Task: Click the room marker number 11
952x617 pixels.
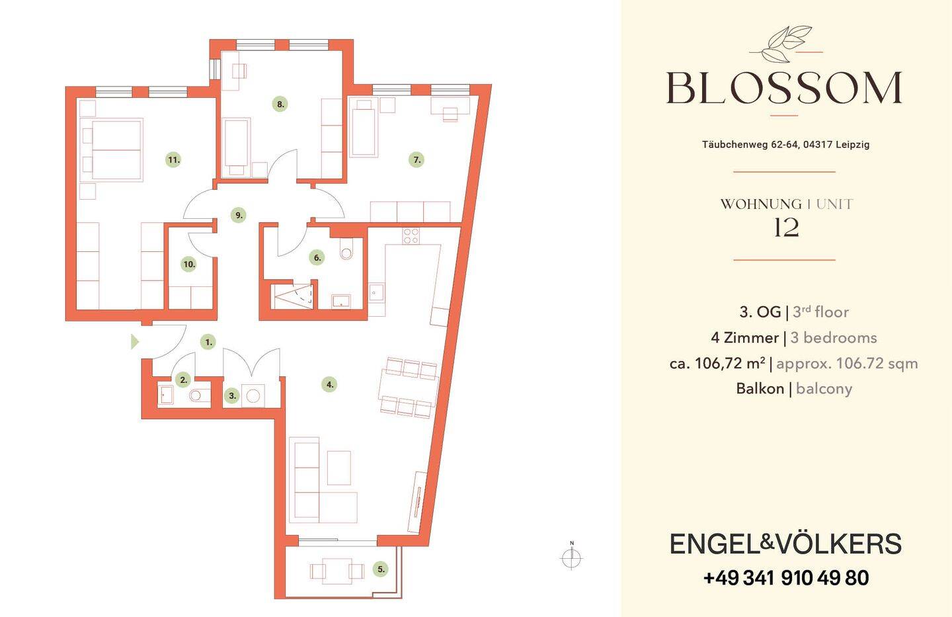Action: [x=173, y=160]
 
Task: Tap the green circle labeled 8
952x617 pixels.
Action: [x=280, y=104]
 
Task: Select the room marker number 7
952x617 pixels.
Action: [x=416, y=160]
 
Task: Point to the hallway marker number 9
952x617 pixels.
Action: [x=239, y=215]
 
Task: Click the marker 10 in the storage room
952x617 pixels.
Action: [x=189, y=265]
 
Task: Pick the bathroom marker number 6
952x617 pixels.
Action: [x=317, y=257]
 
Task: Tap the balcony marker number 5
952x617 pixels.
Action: [x=380, y=569]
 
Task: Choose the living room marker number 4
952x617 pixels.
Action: [x=329, y=384]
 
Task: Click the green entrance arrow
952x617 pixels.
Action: [x=135, y=342]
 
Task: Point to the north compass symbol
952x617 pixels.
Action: [x=572, y=556]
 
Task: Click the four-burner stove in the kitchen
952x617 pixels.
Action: [x=411, y=236]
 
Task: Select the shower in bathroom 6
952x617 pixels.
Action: [x=294, y=296]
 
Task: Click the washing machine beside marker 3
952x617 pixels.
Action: [x=253, y=396]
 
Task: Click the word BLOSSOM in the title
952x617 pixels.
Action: [x=783, y=88]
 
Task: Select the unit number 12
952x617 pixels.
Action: [x=786, y=228]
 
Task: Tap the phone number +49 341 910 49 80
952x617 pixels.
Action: [x=785, y=578]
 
